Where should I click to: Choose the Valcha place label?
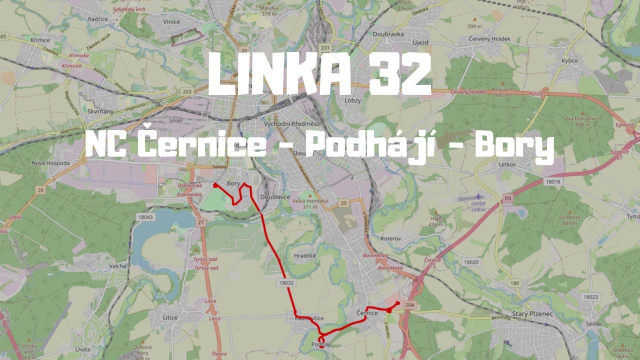click(x=117, y=266)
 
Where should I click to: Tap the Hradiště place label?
click(x=305, y=255)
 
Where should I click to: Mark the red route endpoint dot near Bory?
click(x=215, y=185)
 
